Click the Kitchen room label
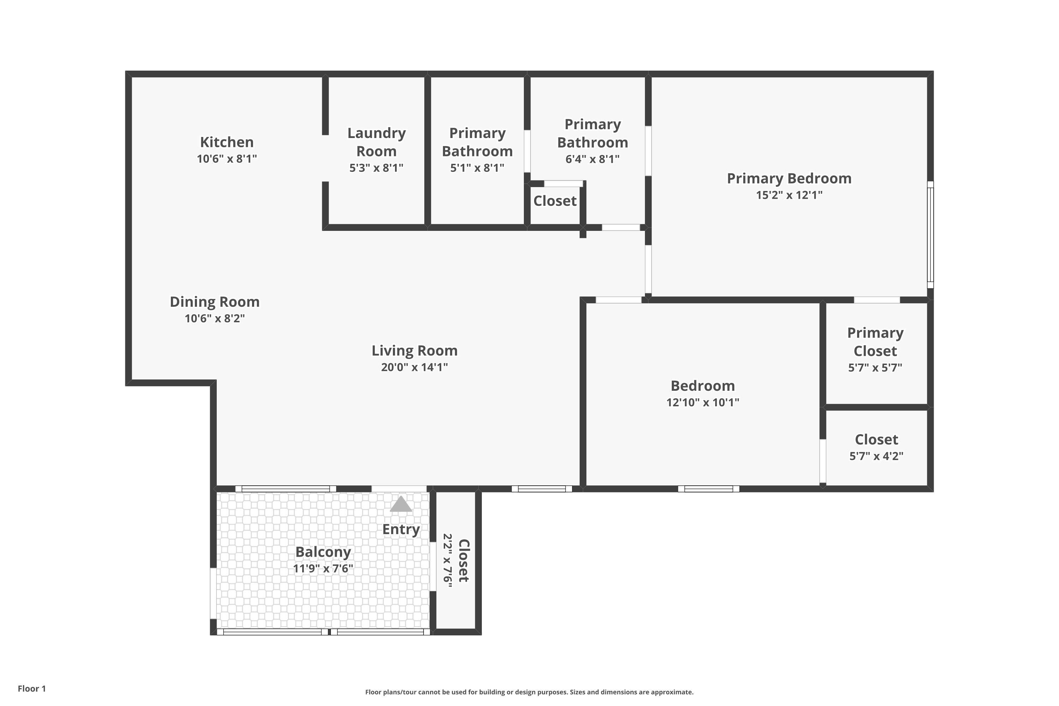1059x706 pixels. tap(227, 142)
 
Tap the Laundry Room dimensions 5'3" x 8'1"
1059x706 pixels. tap(376, 168)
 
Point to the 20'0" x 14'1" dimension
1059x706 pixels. tap(414, 367)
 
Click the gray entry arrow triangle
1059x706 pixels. tap(400, 505)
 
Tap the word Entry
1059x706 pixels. tap(401, 529)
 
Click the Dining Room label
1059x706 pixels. tap(214, 302)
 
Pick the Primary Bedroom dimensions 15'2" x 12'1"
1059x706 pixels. tap(789, 195)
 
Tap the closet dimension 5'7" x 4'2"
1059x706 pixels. tap(876, 456)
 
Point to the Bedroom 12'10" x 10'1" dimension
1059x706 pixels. tap(702, 402)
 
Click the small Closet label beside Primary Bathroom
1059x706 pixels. tap(555, 201)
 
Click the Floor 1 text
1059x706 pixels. tap(31, 688)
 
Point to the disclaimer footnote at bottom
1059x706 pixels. tap(529, 692)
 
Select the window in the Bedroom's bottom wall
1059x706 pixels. tap(708, 489)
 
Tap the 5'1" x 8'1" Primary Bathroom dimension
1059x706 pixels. tap(477, 168)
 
